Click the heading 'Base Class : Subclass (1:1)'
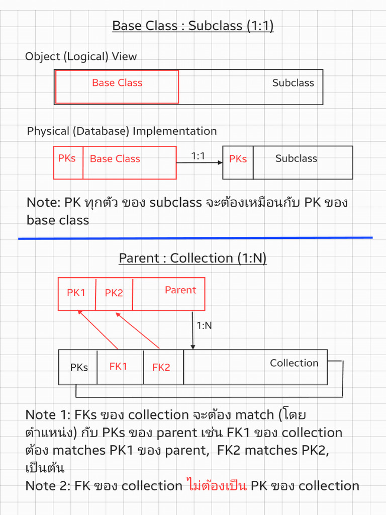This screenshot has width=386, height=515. pos(192,26)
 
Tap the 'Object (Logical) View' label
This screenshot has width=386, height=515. pos(81,56)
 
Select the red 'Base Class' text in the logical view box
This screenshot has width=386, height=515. pos(117,83)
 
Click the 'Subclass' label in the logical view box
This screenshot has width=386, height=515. pos(293,83)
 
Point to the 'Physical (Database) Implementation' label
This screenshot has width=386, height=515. pos(122,131)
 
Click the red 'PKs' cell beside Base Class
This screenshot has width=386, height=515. pos(67,158)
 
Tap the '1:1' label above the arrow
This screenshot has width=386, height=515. pos(199,156)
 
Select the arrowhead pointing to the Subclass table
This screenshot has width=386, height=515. pos(220,162)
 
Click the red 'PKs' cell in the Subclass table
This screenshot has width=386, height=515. pos(238,159)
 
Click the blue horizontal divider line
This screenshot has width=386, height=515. pos(196,238)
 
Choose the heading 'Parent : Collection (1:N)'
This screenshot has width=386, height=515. pos(192,259)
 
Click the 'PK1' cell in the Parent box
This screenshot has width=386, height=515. pos(76,293)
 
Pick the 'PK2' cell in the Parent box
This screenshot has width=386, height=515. pos(114,293)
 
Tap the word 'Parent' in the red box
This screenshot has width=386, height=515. pos(180,290)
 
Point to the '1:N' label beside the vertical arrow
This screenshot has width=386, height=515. pos(204,325)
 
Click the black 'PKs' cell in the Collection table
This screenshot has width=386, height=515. pos(79,368)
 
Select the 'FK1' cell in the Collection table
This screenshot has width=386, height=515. pos(118,367)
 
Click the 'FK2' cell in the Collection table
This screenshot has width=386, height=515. pos(161,368)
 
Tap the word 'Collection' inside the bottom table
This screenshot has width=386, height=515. pos(294,363)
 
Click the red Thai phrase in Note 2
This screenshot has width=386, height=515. pos(216,486)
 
